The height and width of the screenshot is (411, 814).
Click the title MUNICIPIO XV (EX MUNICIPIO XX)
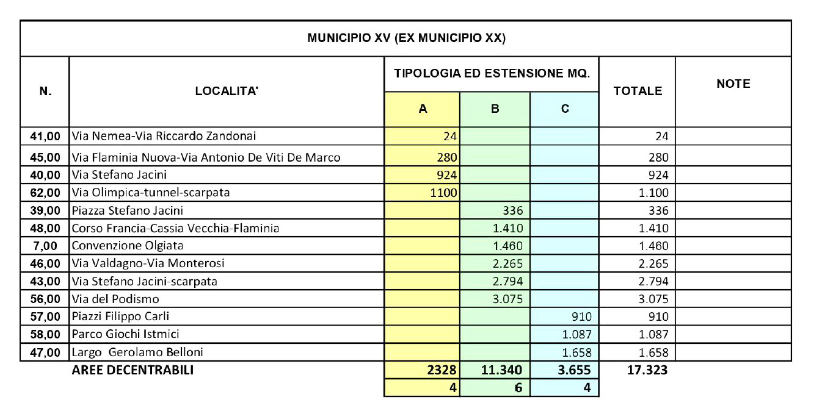point(406,38)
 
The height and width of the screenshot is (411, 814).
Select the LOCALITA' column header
point(227,91)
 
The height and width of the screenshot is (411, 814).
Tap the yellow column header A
point(422,109)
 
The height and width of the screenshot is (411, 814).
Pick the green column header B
point(495,109)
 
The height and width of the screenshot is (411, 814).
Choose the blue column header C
point(565,109)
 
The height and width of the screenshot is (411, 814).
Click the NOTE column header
point(733,84)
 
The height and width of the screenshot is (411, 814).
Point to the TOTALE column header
point(638,91)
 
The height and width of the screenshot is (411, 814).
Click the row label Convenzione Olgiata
point(128,246)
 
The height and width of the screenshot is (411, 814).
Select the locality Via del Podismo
point(115,299)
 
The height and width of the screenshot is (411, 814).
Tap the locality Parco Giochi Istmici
point(125,334)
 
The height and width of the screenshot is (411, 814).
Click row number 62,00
point(45,193)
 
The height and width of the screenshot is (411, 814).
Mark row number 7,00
point(48,246)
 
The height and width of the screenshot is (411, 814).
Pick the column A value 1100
point(444,193)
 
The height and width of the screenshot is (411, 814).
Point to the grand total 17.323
point(647,370)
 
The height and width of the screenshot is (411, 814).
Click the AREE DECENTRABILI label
point(133,370)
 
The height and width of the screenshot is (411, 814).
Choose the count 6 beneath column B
point(517,387)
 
